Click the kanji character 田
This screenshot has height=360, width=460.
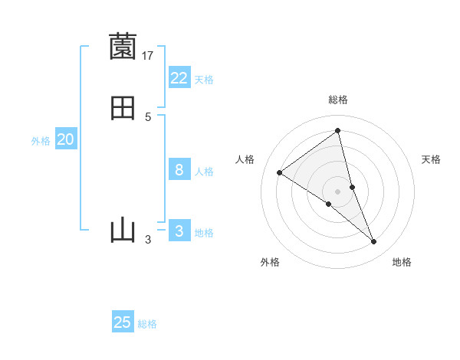(x=123, y=108)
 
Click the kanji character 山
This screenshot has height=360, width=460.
(x=123, y=230)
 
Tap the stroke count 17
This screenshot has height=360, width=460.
(x=148, y=55)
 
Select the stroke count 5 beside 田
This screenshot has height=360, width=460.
(x=148, y=117)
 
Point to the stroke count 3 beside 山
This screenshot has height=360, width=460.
(x=148, y=240)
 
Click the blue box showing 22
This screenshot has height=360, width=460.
(x=179, y=78)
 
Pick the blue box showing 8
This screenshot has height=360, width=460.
(x=179, y=170)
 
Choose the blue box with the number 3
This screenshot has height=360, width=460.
(x=179, y=231)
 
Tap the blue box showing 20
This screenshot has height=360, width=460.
(x=66, y=139)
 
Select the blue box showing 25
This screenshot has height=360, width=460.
(x=123, y=322)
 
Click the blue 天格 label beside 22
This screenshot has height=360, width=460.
(x=204, y=80)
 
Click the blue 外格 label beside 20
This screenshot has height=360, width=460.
(x=41, y=141)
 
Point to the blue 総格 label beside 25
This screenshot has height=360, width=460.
(x=147, y=324)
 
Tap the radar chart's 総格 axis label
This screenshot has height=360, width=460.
(x=338, y=100)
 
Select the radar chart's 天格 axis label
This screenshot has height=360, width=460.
(x=432, y=159)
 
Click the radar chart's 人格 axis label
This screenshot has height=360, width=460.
(x=245, y=159)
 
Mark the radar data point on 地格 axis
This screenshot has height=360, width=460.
(x=374, y=242)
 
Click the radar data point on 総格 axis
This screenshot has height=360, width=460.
(x=338, y=130)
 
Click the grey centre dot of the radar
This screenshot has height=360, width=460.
(x=338, y=191)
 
